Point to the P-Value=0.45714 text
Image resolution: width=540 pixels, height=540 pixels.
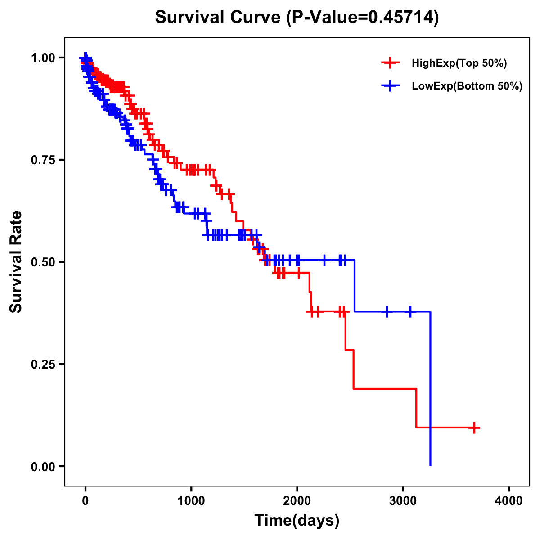[x=363, y=17]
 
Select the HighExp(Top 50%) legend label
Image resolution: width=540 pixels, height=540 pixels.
[x=459, y=63]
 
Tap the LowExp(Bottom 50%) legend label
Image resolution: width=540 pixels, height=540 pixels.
[x=467, y=86]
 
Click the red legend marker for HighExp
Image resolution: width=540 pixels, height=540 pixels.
[x=390, y=63]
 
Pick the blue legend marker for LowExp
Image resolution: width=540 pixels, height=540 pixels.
[x=390, y=86]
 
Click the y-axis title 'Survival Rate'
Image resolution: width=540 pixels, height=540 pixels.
[x=16, y=262]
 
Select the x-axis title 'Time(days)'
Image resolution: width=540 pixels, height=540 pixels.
[x=297, y=521]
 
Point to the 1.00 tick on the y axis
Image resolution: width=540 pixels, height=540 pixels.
[x=43, y=58]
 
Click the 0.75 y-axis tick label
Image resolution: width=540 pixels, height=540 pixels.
[x=43, y=160]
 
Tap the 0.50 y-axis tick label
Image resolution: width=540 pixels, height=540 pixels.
[x=43, y=262]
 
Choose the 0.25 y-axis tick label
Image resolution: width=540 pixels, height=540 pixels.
[x=43, y=364]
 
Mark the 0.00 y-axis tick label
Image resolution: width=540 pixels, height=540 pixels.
[x=43, y=467]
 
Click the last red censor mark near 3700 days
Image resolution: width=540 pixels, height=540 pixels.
[x=474, y=427]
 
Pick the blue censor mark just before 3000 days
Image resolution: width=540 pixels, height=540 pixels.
[x=387, y=311]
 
